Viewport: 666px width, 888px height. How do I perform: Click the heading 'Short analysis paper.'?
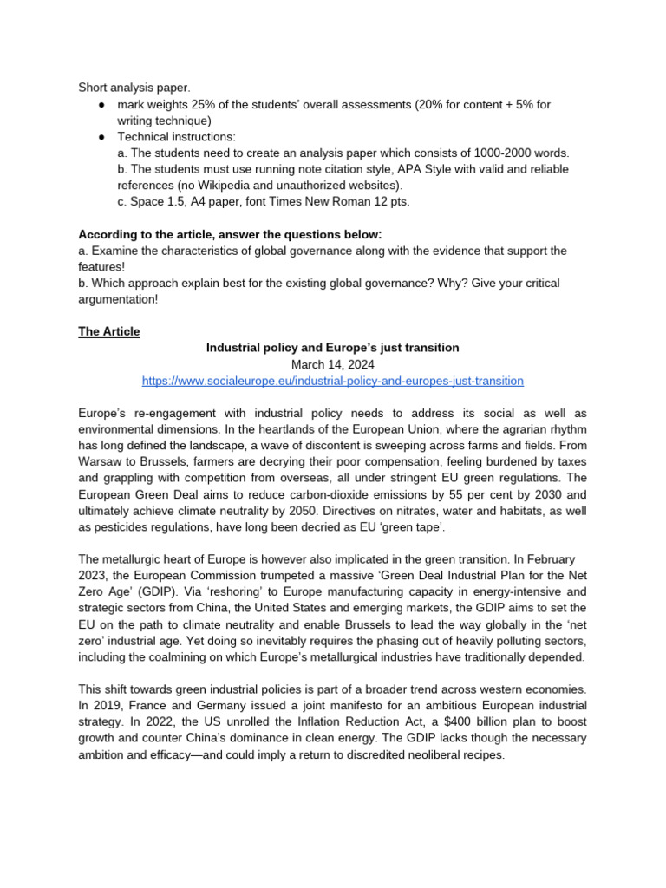(x=134, y=88)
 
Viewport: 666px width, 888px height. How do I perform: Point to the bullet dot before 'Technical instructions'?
(x=101, y=137)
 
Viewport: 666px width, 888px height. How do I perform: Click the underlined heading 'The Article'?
(x=108, y=331)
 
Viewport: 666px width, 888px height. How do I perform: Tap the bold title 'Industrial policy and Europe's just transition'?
(x=332, y=348)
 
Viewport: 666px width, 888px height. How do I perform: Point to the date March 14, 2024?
(x=332, y=364)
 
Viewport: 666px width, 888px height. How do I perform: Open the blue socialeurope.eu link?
(x=332, y=381)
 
